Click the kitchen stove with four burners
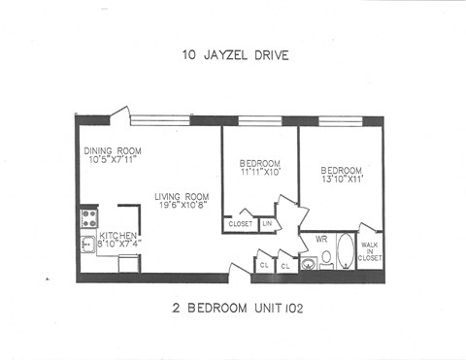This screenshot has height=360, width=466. pyautogui.click(x=88, y=215)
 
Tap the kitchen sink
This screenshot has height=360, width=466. pyautogui.click(x=87, y=244)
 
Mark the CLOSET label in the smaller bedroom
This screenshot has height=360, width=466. pyautogui.click(x=240, y=224)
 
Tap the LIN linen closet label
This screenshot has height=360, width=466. pyautogui.click(x=266, y=224)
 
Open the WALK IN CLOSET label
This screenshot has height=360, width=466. pyautogui.click(x=370, y=252)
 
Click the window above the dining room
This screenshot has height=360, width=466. pyautogui.click(x=159, y=120)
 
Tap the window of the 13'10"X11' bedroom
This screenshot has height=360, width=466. pyautogui.click(x=341, y=121)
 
